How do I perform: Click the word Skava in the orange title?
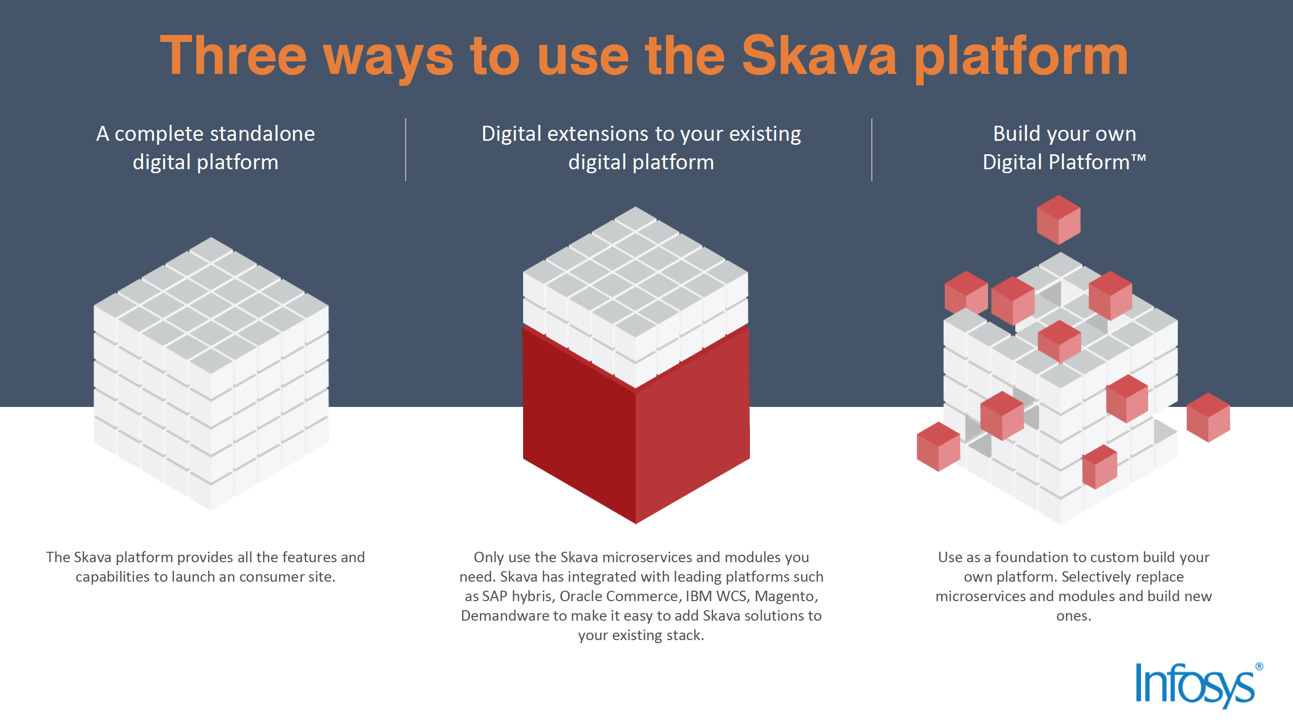tap(819, 56)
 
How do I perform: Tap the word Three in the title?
tap(233, 56)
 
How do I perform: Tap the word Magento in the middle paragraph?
tap(786, 596)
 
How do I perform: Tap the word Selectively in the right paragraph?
tap(1097, 577)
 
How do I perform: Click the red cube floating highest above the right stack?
tap(1059, 219)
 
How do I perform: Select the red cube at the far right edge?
tap(1208, 417)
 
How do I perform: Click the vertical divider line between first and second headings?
tap(406, 149)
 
